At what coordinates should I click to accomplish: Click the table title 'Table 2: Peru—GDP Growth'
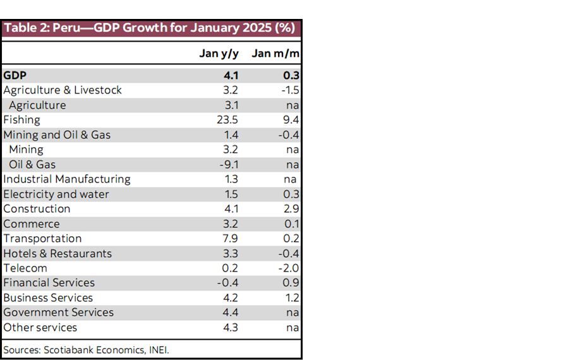tap(149, 28)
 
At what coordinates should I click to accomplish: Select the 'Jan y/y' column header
tap(219, 53)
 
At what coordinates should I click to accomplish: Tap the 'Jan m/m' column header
tap(275, 53)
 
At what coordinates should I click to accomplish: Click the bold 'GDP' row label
tap(15, 75)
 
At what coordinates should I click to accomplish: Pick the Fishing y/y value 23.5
tap(227, 120)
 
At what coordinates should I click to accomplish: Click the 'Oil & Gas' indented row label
tap(32, 164)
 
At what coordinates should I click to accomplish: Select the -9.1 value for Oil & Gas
tap(228, 164)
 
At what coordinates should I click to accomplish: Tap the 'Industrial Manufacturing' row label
tap(67, 179)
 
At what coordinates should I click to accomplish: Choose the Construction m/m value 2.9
tap(291, 209)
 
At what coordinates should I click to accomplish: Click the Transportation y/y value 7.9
tap(230, 239)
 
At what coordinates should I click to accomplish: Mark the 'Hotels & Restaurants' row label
tap(57, 254)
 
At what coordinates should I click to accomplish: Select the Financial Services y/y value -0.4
tap(228, 283)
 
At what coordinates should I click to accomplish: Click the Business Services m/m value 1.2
tap(291, 298)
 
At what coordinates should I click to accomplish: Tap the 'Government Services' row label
tap(59, 313)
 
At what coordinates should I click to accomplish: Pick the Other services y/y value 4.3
tap(230, 328)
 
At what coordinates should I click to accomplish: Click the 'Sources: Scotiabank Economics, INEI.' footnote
tap(86, 349)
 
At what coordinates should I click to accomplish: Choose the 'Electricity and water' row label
tap(56, 195)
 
